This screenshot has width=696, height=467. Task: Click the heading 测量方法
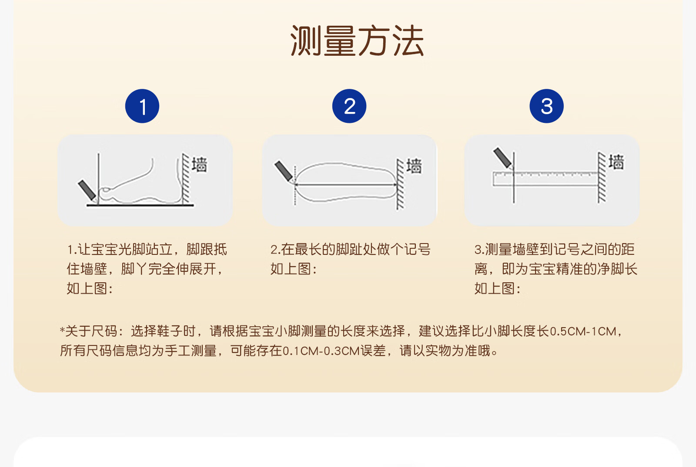tap(357, 41)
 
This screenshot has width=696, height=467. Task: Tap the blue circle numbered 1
tap(142, 106)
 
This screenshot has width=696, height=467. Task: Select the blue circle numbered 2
tap(349, 106)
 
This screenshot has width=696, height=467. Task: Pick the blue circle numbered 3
tap(546, 106)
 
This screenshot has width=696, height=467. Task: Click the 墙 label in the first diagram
tap(199, 165)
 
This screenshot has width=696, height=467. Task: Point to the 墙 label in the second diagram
tap(414, 166)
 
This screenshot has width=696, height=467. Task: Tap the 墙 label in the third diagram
tap(616, 162)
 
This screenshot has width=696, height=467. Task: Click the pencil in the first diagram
tap(87, 190)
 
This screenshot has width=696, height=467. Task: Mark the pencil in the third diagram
tap(503, 158)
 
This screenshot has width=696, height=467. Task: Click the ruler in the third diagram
tap(545, 179)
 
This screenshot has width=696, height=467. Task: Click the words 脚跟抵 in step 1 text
tap(207, 249)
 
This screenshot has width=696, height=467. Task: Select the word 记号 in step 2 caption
tap(417, 249)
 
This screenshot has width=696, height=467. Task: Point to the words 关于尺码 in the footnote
tap(91, 331)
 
